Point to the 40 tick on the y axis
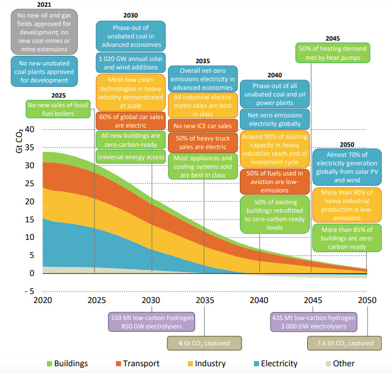point(29,129)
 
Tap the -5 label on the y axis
point(28,291)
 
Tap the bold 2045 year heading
point(333,38)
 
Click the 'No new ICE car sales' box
point(203,126)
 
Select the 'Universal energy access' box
point(131,157)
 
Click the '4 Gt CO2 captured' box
point(204,343)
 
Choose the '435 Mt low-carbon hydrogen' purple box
point(313,322)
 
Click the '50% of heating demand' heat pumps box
point(333,54)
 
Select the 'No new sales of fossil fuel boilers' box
point(58,108)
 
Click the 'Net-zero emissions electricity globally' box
point(275,120)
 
